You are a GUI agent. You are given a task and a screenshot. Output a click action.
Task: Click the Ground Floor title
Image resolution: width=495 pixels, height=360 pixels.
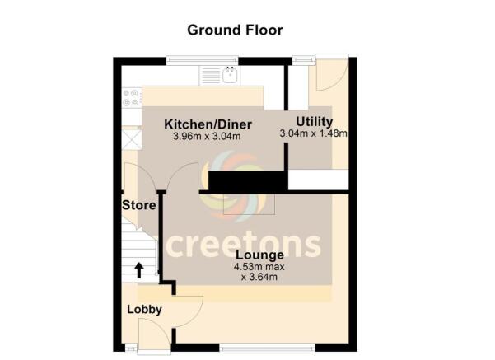[235, 30]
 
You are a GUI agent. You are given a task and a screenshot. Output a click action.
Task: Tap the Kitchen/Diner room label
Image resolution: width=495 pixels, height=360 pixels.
[208, 124]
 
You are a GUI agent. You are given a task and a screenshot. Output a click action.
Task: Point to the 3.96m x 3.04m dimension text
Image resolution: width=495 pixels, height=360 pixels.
[207, 137]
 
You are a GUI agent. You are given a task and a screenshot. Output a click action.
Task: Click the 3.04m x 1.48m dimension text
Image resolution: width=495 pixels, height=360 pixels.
[314, 133]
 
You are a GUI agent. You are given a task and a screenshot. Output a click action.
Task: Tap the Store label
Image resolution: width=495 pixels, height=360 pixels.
[139, 204]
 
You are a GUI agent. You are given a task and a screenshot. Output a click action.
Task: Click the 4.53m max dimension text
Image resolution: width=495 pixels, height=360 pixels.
[247, 268]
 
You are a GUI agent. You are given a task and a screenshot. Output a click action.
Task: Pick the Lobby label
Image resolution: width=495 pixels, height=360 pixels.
[143, 310]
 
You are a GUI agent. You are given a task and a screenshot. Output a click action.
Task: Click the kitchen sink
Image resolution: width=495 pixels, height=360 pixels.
[231, 77]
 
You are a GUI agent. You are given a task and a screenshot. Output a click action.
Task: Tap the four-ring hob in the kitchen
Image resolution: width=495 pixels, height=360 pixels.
[131, 98]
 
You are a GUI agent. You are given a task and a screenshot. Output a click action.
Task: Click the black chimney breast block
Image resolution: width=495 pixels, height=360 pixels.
[246, 181]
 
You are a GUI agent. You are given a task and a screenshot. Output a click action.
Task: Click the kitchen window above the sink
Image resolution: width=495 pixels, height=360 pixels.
[202, 58]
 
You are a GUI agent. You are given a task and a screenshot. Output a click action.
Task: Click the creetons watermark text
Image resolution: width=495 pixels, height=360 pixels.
[245, 244]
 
